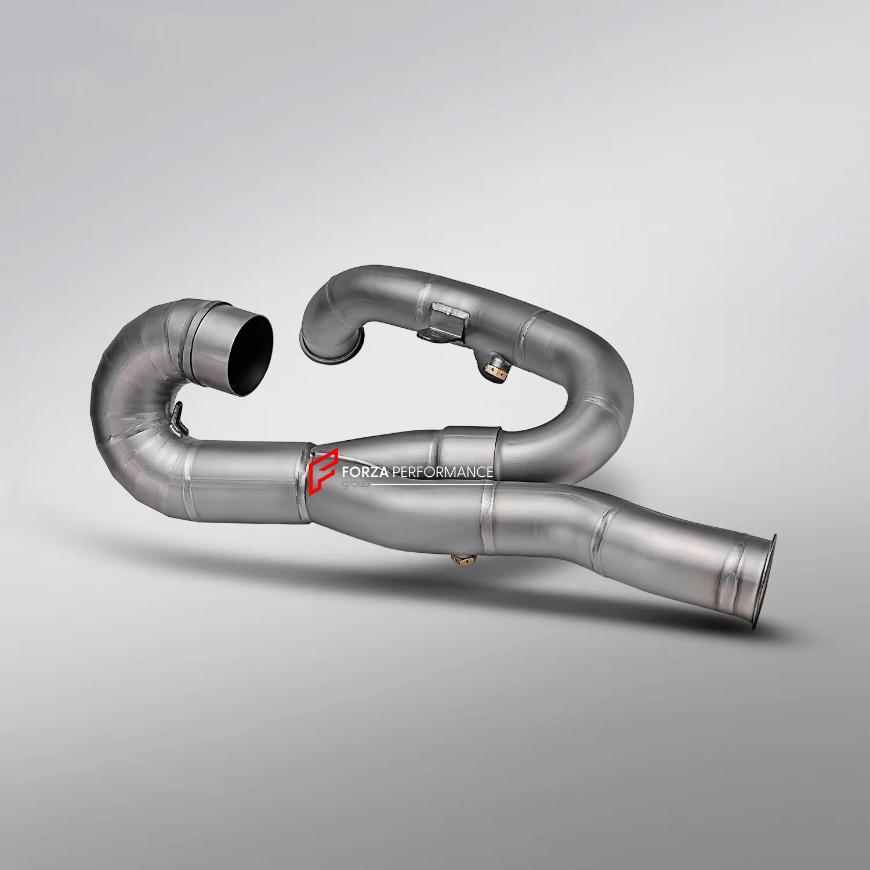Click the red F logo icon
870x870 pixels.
pyautogui.click(x=322, y=471)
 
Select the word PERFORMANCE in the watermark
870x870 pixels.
pyautogui.click(x=443, y=472)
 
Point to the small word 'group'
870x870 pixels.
pyautogui.click(x=352, y=484)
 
